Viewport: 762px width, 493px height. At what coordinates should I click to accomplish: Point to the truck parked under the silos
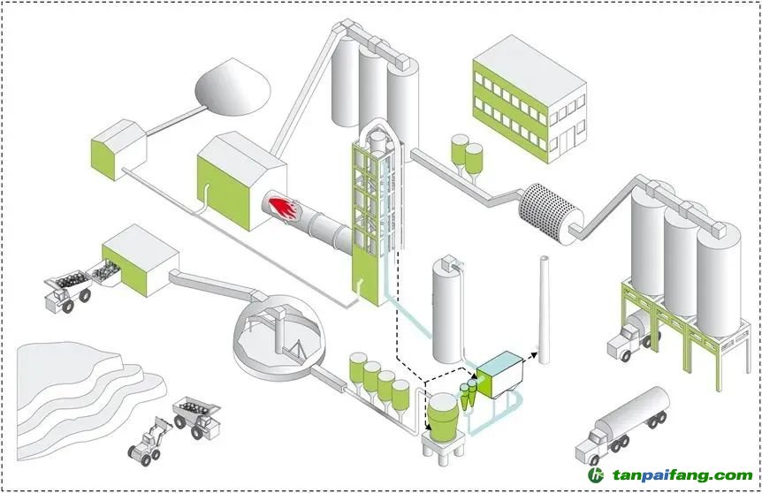[629, 337]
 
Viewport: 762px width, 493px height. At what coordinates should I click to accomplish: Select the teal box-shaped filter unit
[500, 372]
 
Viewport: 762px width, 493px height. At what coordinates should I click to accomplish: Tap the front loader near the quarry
[147, 441]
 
